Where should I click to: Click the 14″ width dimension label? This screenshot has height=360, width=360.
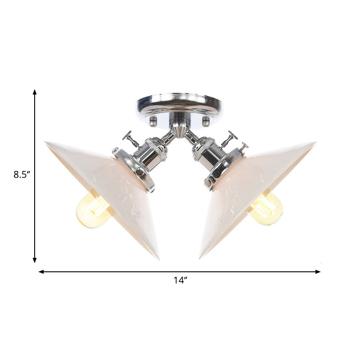[x=180, y=280]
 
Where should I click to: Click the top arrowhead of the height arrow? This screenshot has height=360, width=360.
[x=35, y=92]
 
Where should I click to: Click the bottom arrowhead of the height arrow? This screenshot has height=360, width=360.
[x=35, y=260]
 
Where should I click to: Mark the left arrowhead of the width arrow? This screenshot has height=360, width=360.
[x=41, y=272]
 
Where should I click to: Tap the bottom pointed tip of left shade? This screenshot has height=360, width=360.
[x=158, y=259]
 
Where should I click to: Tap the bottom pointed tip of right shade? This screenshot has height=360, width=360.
[x=201, y=258]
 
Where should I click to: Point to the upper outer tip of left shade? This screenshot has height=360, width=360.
[x=46, y=143]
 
